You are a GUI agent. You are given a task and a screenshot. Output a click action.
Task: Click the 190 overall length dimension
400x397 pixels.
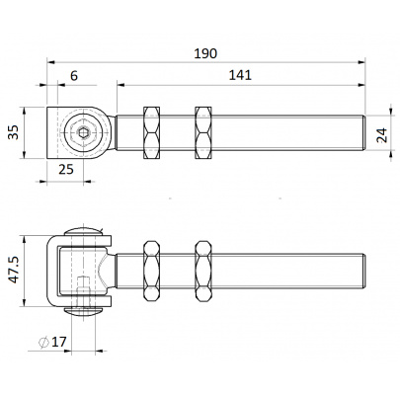205,53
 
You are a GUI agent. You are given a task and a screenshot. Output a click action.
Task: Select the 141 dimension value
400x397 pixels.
240,75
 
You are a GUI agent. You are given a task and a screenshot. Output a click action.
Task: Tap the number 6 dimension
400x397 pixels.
74,76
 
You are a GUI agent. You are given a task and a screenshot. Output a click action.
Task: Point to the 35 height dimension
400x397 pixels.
14,132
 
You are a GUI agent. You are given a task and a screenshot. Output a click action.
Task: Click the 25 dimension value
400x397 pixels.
66,169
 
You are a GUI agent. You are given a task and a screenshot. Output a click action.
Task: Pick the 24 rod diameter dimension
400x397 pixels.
382,135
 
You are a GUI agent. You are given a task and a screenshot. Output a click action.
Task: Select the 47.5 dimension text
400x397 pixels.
14,271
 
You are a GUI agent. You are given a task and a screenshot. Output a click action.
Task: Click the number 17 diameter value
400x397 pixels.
59,342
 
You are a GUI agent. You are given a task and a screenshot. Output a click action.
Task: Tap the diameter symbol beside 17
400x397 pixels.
43,342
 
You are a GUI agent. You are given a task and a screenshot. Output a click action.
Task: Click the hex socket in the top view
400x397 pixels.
83,132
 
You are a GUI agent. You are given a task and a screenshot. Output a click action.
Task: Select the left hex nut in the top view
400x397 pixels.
151,133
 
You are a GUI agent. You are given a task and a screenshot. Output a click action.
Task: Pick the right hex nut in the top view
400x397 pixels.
203,133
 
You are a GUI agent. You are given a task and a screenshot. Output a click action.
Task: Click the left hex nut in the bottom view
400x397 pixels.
151,271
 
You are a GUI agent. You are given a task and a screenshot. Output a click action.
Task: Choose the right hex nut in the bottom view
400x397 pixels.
203,271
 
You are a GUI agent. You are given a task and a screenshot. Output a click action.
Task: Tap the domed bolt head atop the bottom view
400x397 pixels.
83,232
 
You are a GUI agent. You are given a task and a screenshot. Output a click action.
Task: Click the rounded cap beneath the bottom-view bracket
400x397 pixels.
83,310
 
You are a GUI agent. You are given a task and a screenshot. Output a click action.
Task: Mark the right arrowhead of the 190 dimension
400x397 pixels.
361,61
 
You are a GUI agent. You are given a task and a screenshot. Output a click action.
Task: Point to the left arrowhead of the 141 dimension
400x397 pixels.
120,85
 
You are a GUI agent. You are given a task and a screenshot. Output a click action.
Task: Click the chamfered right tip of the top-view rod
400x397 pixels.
363,133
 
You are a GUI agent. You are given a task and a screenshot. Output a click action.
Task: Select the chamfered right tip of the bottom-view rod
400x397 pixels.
363,271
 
